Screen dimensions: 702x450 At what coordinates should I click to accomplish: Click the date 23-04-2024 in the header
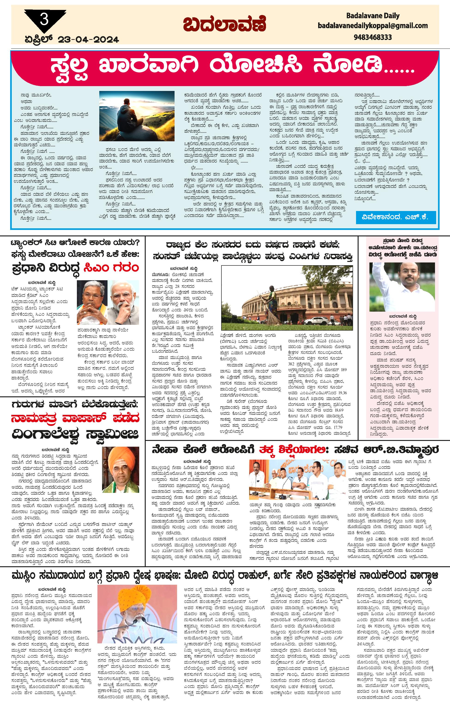pyautogui.click(x=88, y=39)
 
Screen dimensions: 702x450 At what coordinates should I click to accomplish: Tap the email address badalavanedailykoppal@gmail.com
pyautogui.click(x=373, y=26)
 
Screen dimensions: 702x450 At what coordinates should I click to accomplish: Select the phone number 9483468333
pyautogui.click(x=373, y=37)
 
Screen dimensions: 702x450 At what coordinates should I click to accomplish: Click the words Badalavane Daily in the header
pyautogui.click(x=373, y=15)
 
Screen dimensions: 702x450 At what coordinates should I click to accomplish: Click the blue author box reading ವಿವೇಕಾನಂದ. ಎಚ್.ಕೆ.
pyautogui.click(x=396, y=217)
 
